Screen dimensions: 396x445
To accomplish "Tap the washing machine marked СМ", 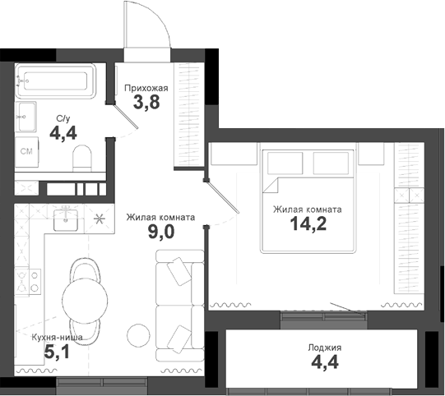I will click(26, 151).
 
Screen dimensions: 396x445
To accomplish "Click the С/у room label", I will click(63, 119).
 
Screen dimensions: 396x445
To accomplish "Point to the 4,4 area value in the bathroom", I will click(63, 133).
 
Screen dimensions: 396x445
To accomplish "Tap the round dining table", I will click(85, 297).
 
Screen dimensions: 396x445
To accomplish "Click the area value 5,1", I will click(56, 354).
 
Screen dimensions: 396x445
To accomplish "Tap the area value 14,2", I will click(308, 225).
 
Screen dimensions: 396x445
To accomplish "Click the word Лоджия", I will click(323, 348).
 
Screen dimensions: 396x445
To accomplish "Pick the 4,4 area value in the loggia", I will click(323, 363).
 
